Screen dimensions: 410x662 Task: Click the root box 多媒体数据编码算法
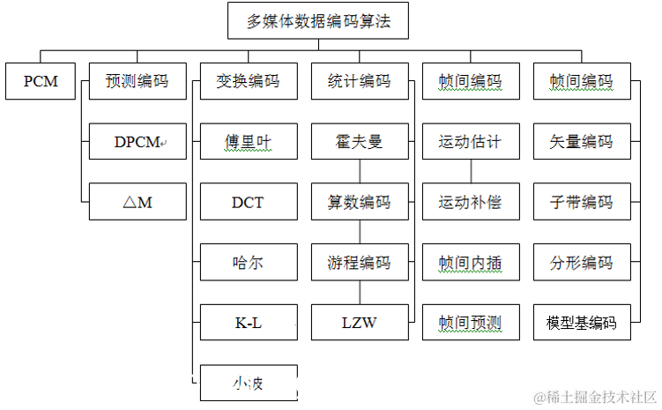tap(318, 20)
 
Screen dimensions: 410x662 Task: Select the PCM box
tap(41, 81)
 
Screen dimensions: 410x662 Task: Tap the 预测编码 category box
tap(138, 81)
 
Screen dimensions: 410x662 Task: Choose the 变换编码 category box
tap(249, 81)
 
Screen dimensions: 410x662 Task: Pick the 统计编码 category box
tap(360, 81)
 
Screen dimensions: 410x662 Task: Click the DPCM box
tap(138, 141)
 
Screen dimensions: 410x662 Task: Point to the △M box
tap(138, 202)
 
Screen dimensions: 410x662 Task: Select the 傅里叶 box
tap(249, 141)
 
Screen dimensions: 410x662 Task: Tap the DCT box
tap(249, 202)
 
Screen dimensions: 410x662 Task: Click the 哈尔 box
tap(249, 263)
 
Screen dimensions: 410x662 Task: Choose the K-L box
tap(249, 323)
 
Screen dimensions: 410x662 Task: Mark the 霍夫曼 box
tap(360, 141)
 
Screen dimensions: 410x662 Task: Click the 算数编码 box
tap(360, 202)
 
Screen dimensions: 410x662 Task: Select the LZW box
tap(360, 323)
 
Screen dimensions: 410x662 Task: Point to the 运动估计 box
tap(471, 141)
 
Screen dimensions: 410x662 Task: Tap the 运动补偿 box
tap(471, 202)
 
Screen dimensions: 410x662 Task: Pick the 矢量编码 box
tap(582, 141)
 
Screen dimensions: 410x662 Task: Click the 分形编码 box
tap(582, 263)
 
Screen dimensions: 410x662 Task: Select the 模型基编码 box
tap(582, 323)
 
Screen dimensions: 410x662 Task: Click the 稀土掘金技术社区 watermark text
tap(592, 396)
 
